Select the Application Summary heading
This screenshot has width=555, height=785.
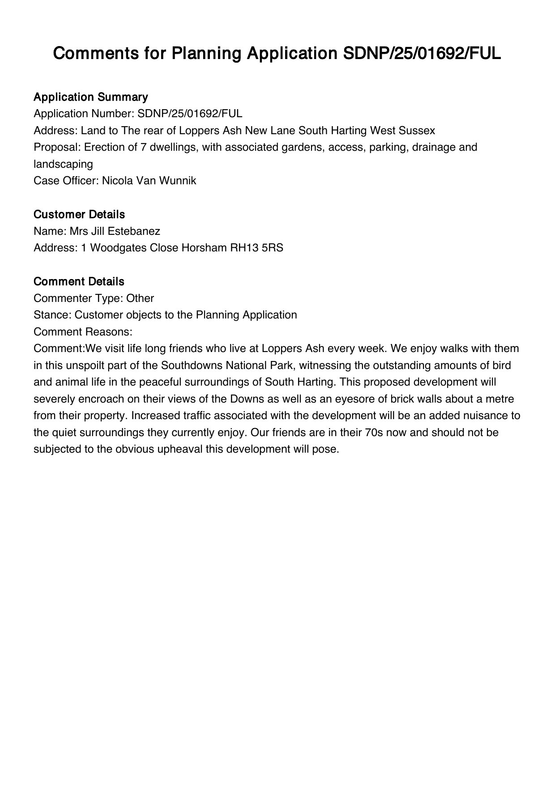click(90, 97)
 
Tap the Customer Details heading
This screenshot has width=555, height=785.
click(79, 214)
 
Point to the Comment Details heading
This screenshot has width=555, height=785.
click(79, 281)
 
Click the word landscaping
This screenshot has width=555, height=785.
click(63, 164)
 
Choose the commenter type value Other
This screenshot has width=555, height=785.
click(140, 298)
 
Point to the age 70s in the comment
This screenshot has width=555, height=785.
click(371, 433)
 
